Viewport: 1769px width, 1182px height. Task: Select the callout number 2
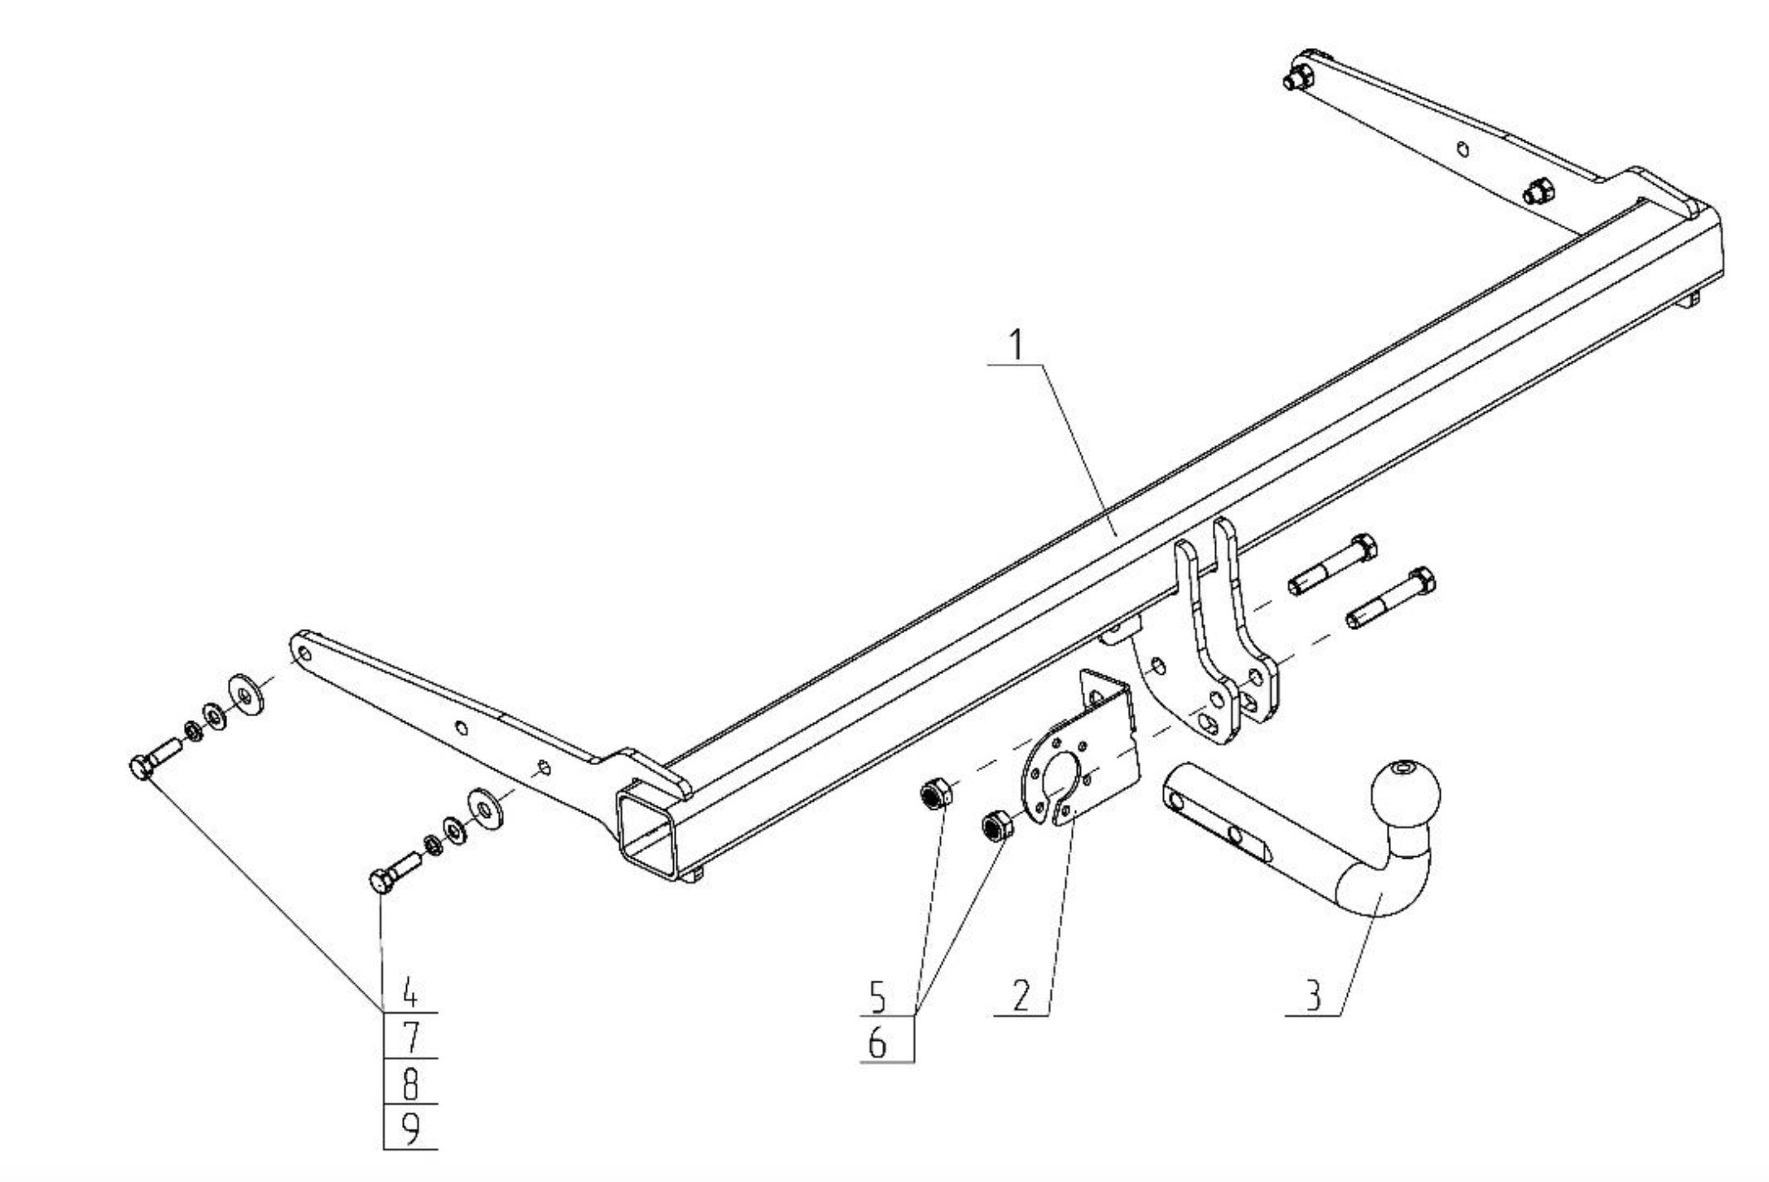tap(1020, 995)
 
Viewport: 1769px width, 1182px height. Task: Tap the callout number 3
tap(1313, 995)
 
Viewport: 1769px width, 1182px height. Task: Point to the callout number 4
tap(410, 991)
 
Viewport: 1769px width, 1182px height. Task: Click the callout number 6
tap(877, 1043)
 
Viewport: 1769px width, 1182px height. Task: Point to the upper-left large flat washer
tap(245, 694)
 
